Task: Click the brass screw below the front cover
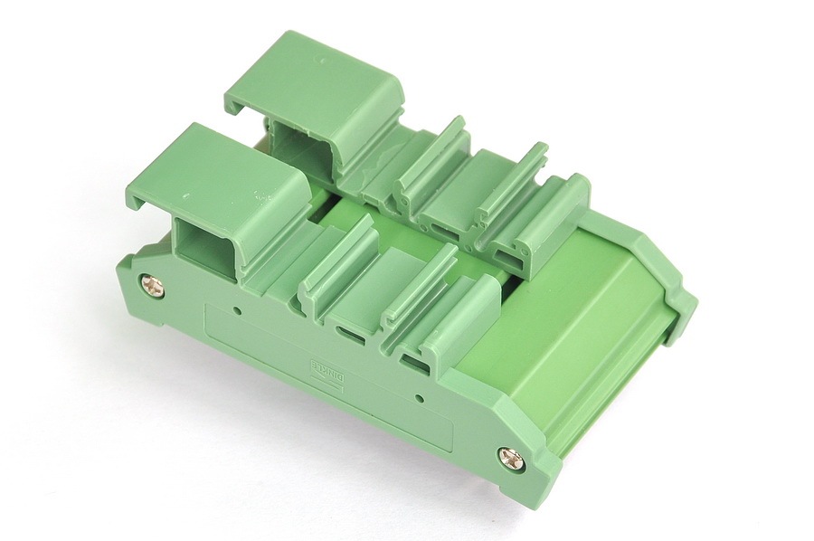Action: [x=154, y=287]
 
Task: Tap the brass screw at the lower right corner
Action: [x=511, y=458]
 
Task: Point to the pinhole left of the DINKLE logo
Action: [x=237, y=312]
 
